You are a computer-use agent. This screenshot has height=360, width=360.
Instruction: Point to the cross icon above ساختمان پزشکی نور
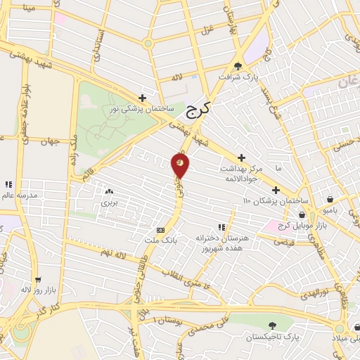(x=143, y=98)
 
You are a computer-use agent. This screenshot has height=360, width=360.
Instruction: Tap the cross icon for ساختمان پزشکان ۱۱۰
(x=276, y=190)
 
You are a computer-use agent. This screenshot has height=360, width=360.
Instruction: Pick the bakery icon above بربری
(x=109, y=191)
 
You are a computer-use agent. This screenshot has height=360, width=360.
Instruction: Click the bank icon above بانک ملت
(x=161, y=229)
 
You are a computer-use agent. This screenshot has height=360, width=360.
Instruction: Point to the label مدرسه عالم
(x=18, y=195)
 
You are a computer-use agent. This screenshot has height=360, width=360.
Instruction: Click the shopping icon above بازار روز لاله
(x=37, y=279)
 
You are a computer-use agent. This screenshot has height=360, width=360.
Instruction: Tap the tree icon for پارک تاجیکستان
(x=272, y=326)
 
